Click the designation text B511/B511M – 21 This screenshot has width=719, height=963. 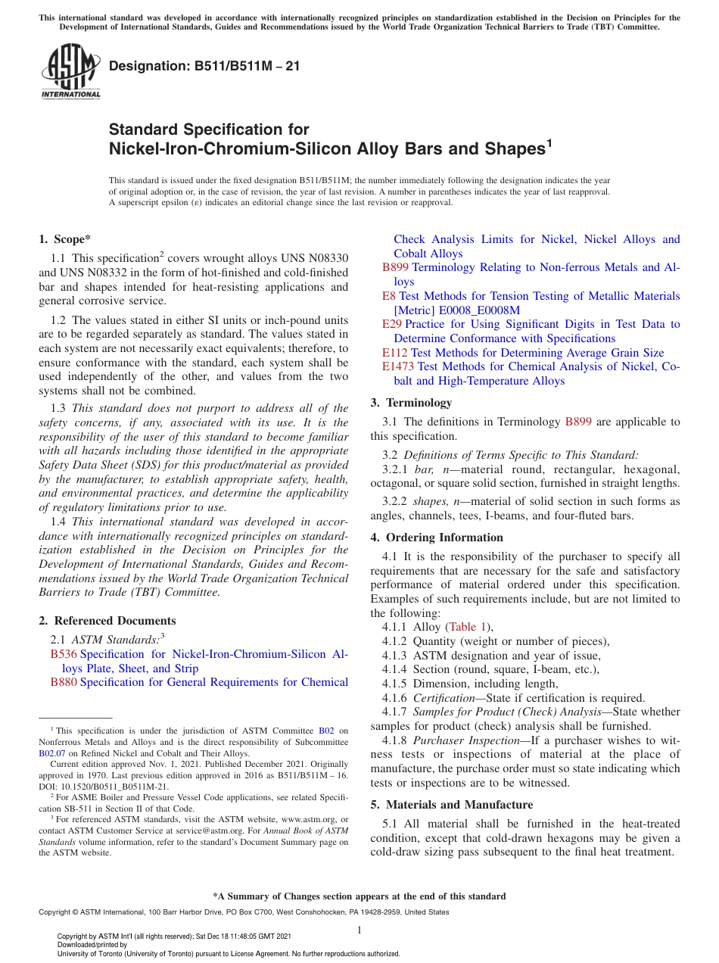(204, 66)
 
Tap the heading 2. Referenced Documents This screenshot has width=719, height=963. (107, 620)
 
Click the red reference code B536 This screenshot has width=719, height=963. (64, 654)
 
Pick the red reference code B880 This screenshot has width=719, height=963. (64, 682)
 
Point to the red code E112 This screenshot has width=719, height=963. (395, 353)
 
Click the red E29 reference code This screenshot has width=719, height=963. (392, 324)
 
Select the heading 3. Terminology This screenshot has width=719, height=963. (411, 403)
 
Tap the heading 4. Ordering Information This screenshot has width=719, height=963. (437, 538)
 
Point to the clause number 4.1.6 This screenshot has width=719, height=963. (394, 698)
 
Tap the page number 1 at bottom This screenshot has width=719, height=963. (359, 930)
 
